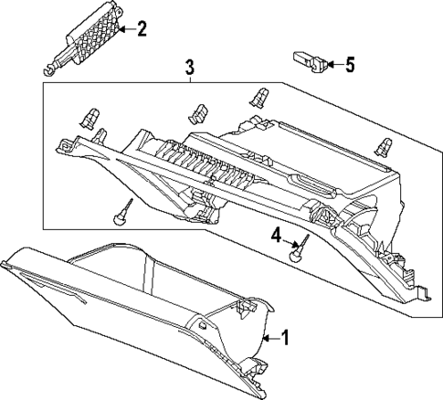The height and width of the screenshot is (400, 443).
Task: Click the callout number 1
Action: coord(284,339)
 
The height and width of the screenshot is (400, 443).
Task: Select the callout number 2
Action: coord(141,30)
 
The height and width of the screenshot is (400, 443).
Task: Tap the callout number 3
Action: coord(189,67)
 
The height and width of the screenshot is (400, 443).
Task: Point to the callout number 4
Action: coord(275,239)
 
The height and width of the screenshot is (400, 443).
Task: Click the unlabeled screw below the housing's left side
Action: coord(120,214)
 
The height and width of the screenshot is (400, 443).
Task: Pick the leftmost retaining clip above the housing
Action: coord(90,116)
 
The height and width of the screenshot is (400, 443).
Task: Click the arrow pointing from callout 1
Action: coord(268,339)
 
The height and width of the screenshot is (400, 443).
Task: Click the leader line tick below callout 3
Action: coord(189,79)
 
